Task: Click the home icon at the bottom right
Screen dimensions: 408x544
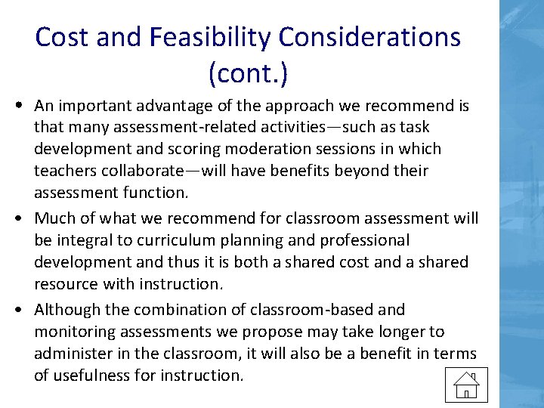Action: coord(466,385)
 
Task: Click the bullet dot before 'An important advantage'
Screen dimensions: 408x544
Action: coord(16,105)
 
